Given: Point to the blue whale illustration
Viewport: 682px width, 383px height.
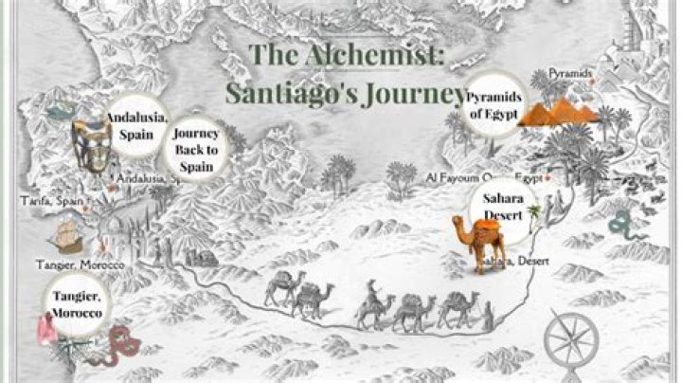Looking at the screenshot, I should click(62, 112).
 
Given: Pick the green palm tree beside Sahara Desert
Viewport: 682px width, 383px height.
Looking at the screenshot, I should click(533, 211).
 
